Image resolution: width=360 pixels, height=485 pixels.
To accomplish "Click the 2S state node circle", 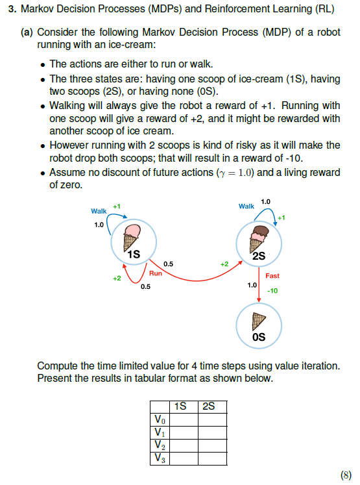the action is pyautogui.click(x=258, y=243).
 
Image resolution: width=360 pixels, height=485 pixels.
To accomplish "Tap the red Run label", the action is pyautogui.click(x=156, y=274).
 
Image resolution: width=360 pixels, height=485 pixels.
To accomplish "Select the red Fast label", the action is pyautogui.click(x=272, y=275).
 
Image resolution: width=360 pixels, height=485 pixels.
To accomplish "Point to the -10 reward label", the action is pyautogui.click(x=272, y=291).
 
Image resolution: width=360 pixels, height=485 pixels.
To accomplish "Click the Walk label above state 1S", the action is pyautogui.click(x=99, y=211).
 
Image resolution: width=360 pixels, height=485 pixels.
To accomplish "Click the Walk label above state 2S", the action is pyautogui.click(x=246, y=206).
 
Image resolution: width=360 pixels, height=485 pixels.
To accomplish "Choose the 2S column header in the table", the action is pyautogui.click(x=208, y=406).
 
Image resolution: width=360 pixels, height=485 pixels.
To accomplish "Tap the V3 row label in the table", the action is pyautogui.click(x=158, y=458).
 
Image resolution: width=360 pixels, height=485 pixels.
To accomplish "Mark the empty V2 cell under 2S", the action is pyautogui.click(x=212, y=445).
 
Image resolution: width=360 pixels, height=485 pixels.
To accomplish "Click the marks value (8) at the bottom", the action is pyautogui.click(x=346, y=475).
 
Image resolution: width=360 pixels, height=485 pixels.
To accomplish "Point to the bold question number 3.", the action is pyautogui.click(x=11, y=10).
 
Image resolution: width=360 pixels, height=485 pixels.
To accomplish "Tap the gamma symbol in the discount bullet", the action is pyautogui.click(x=221, y=173).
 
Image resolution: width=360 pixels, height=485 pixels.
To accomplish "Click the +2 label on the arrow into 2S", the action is pyautogui.click(x=224, y=264).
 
